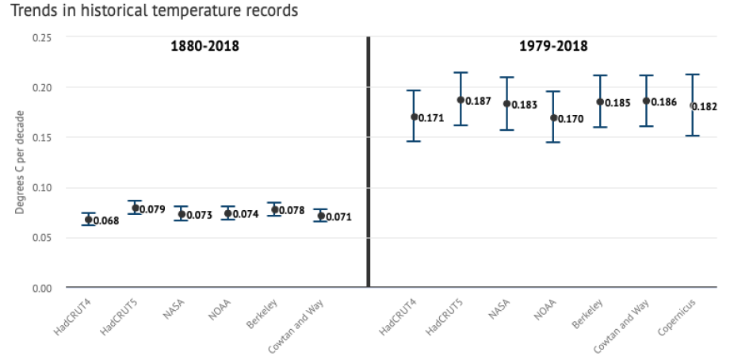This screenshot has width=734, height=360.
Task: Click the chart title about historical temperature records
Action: pos(150,11)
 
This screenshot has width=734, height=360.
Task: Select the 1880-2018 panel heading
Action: pos(205,46)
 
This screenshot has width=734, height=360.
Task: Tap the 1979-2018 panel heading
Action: pos(553,46)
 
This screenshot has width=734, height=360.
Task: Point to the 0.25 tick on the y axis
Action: pos(41,37)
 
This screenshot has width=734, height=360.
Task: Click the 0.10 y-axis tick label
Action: pos(41,187)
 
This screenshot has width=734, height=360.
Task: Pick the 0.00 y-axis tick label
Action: pos(41,287)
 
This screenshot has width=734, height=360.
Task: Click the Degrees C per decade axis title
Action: pos(21,163)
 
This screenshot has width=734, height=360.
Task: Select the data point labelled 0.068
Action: pos(88,220)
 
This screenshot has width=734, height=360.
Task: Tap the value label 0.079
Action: pos(152,210)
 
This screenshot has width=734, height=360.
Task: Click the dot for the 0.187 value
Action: pos(461,100)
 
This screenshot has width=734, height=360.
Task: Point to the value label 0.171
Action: pos(431,119)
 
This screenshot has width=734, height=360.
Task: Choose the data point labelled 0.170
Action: pos(554,118)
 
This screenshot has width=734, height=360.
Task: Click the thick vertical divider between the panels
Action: pos(369,162)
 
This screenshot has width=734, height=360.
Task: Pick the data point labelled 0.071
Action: pos(321,216)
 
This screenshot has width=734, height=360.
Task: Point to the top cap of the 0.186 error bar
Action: pos(646,76)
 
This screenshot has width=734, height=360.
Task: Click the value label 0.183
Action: pos(525,105)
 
